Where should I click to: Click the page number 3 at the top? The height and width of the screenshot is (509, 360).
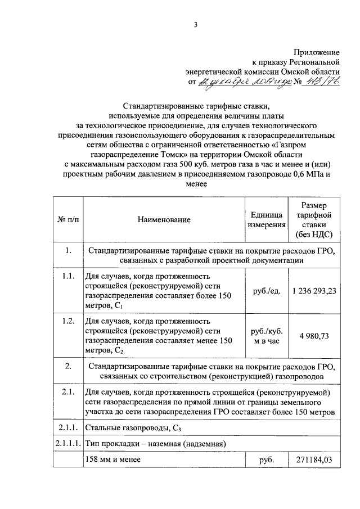(196, 24)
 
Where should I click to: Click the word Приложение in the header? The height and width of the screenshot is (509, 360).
(317, 52)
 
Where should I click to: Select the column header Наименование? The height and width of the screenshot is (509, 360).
(163, 220)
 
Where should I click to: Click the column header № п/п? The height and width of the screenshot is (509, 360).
(68, 220)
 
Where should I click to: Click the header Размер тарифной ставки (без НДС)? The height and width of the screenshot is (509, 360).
(313, 220)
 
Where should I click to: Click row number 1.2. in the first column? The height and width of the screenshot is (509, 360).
(68, 321)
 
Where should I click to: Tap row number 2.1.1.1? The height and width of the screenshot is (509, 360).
(68, 444)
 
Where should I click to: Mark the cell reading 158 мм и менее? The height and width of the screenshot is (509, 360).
(112, 460)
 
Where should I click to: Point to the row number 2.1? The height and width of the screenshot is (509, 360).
(68, 392)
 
